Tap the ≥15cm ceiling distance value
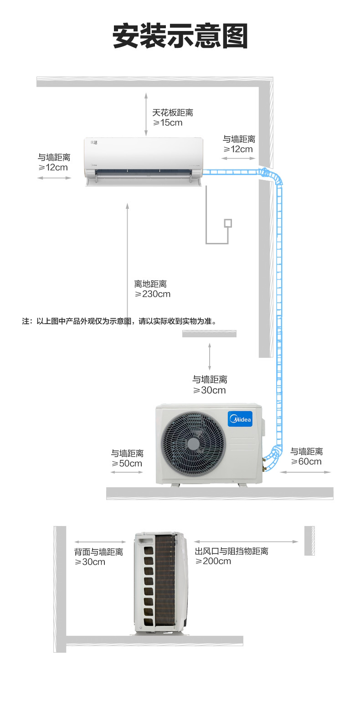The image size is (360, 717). pyautogui.click(x=167, y=123)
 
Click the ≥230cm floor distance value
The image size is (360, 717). pyautogui.click(x=153, y=294)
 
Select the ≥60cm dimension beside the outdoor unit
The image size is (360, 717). pyautogui.click(x=306, y=461)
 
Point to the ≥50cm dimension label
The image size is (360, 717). pyautogui.click(x=127, y=464)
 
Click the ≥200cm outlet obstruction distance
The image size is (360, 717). pyautogui.click(x=213, y=561)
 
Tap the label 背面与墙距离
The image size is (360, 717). pyautogui.click(x=98, y=552)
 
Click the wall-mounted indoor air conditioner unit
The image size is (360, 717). pyautogui.click(x=144, y=162)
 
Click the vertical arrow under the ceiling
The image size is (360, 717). pyautogui.click(x=146, y=113)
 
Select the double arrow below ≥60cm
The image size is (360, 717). pyautogui.click(x=305, y=472)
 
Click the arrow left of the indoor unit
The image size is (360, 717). pyautogui.click(x=54, y=177)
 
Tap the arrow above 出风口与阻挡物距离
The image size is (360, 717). pyautogui.click(x=246, y=542)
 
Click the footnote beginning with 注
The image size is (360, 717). pyautogui.click(x=119, y=321)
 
